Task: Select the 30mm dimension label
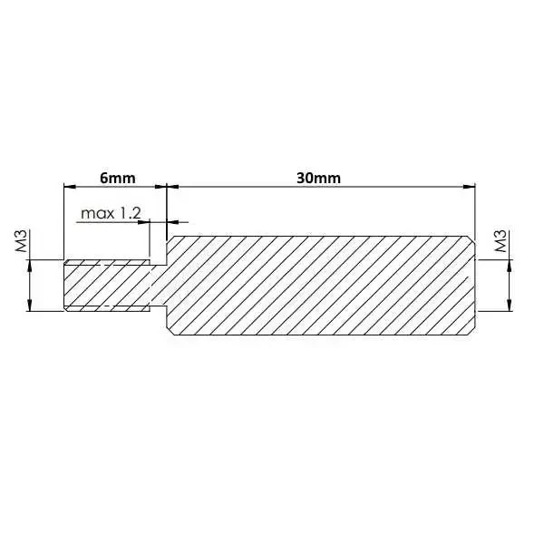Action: point(318,178)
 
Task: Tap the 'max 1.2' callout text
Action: point(112,213)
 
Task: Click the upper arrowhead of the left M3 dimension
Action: point(31,265)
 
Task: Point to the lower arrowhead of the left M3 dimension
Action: point(31,307)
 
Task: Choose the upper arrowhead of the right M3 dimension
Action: point(510,265)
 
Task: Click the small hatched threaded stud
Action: point(107,287)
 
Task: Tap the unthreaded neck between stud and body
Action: point(159,287)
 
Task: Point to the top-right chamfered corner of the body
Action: point(471,240)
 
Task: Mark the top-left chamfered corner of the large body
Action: point(170,240)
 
